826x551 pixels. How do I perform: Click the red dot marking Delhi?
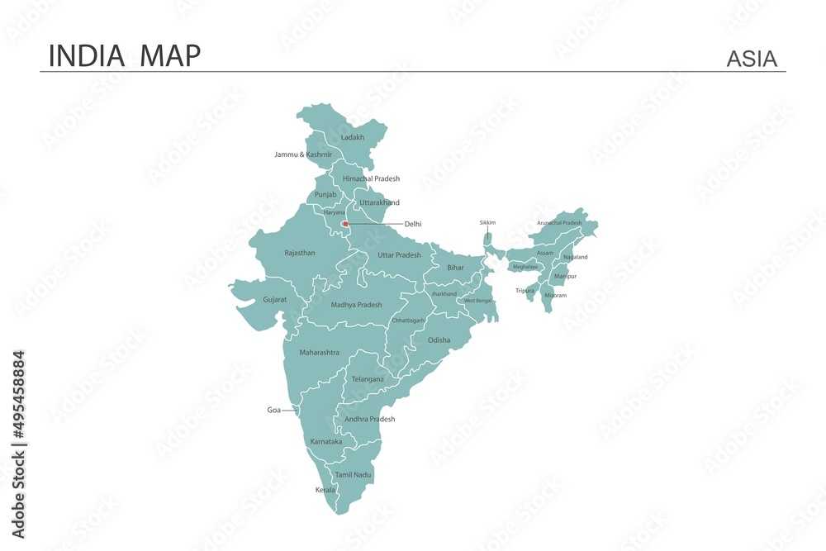point(345,223)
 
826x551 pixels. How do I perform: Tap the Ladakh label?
point(353,137)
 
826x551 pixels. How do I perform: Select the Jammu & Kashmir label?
point(303,154)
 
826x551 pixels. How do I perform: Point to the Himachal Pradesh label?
point(371,178)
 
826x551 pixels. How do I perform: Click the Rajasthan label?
point(300,253)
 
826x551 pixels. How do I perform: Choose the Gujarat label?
point(275,299)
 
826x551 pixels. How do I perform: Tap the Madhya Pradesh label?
point(356,305)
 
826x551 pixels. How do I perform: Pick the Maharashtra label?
point(319,353)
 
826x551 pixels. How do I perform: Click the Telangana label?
point(368,379)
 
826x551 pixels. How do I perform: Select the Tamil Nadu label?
point(354,475)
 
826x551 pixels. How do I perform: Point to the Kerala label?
point(325,490)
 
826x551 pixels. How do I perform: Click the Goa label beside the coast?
point(273,410)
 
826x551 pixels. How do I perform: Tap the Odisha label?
point(439,340)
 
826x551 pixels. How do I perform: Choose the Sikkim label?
point(487,222)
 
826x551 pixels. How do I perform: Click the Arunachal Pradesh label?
point(559,223)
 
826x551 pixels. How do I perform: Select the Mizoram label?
point(555,295)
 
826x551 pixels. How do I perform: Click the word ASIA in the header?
point(752,59)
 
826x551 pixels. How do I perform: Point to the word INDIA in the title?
point(87,55)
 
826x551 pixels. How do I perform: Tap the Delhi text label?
point(413,224)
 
